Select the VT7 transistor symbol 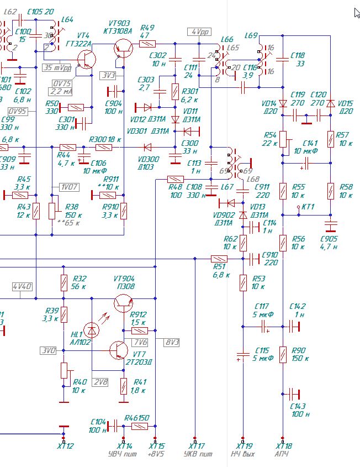pos(119,350)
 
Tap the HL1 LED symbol pos(93,330)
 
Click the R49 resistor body pos(147,43)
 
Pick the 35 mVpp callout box pos(57,68)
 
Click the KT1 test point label pos(308,206)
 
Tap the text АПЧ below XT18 pos(283,454)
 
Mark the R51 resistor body pos(219,258)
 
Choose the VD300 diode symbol pos(147,148)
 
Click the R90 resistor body pos(283,353)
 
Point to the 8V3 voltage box pos(172,343)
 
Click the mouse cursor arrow pos(356,13)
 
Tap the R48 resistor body pos(175,179)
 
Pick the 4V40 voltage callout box pos(22,287)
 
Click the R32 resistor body pos(64,283)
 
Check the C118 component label pos(298,55)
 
